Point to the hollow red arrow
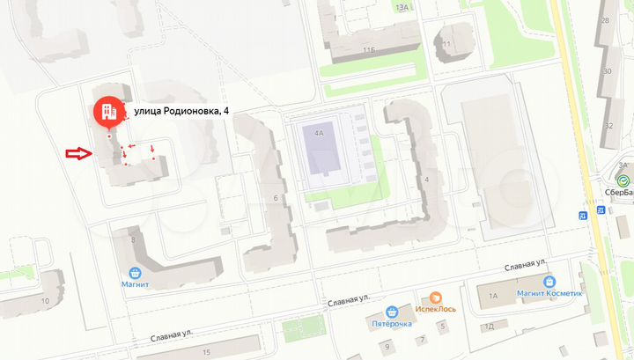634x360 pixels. pyautogui.click(x=78, y=154)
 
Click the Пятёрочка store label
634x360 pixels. pyautogui.click(x=390, y=324)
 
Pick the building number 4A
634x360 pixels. pyautogui.click(x=319, y=134)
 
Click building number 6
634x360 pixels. pyautogui.click(x=276, y=198)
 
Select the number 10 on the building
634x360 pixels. pyautogui.click(x=45, y=300)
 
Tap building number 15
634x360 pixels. pyautogui.click(x=206, y=352)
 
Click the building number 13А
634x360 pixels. pyautogui.click(x=402, y=7)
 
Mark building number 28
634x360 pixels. pyautogui.click(x=605, y=19)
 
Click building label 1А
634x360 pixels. pyautogui.click(x=493, y=296)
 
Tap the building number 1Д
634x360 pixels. pyautogui.click(x=490, y=326)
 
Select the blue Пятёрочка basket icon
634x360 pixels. pyautogui.click(x=390, y=311)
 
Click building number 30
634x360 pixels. pyautogui.click(x=607, y=72)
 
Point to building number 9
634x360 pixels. pyautogui.click(x=422, y=339)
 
